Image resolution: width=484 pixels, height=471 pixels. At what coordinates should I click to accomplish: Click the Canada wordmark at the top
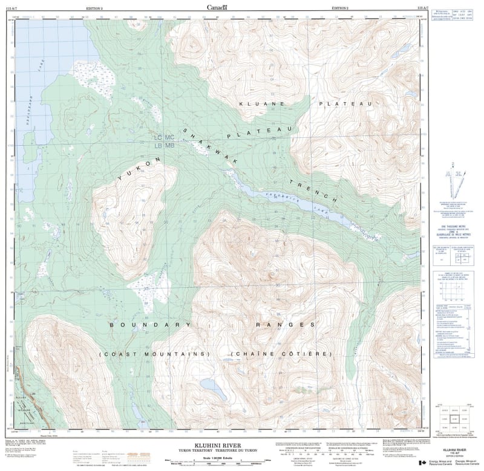(217, 7)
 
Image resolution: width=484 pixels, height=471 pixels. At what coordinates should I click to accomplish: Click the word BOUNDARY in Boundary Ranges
(145, 325)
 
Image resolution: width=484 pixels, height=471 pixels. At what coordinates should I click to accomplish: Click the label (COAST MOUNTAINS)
(154, 353)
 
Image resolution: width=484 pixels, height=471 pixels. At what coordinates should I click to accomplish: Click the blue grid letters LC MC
(163, 138)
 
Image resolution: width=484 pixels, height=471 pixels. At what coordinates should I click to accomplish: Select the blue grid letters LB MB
(163, 146)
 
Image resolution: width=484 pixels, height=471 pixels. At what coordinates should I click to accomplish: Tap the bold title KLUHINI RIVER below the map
(205, 446)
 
